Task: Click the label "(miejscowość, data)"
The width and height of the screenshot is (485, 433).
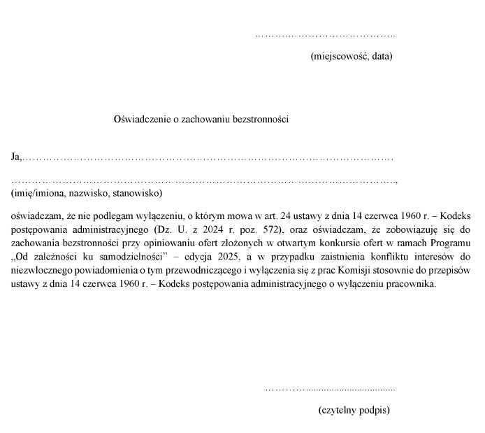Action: coord(351,56)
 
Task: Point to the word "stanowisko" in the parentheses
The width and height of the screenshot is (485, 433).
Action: coord(138,192)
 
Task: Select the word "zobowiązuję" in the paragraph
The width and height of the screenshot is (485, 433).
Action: coord(411,229)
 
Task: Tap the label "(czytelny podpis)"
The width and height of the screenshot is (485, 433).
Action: coord(354,410)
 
